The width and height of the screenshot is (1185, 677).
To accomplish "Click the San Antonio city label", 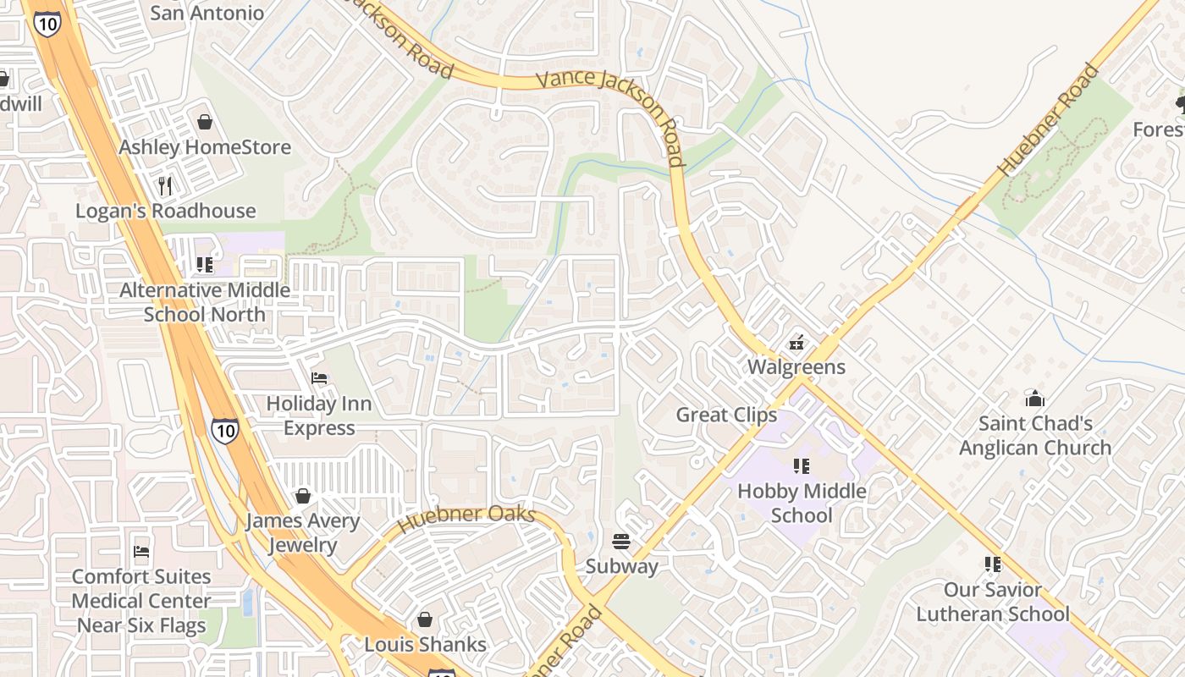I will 207,13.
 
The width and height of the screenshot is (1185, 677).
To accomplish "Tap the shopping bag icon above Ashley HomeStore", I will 204,122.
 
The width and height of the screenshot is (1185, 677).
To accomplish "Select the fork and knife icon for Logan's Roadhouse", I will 165,185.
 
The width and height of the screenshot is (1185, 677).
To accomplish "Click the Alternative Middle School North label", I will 204,302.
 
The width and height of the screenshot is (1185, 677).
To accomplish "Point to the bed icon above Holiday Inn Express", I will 319,378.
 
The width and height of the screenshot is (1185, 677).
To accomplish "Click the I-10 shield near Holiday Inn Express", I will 224,430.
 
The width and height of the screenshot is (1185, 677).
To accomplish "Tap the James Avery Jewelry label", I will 302,532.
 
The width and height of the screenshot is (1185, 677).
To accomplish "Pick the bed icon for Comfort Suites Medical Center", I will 141,552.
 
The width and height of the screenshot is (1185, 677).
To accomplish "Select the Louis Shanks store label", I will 425,644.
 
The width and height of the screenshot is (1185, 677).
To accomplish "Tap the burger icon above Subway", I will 621,542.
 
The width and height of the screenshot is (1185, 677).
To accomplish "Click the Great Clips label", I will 725,415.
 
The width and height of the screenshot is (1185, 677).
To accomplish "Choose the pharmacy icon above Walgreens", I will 796,343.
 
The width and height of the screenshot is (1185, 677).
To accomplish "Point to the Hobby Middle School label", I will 802,503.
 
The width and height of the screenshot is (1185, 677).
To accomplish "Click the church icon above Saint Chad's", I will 1034,398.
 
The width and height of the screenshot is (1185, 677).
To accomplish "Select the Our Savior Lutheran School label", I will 993,602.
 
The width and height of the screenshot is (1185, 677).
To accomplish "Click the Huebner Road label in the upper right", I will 1047,120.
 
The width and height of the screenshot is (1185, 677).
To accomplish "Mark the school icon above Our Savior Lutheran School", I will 993,564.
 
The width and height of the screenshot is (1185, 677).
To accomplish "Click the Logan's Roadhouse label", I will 165,211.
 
